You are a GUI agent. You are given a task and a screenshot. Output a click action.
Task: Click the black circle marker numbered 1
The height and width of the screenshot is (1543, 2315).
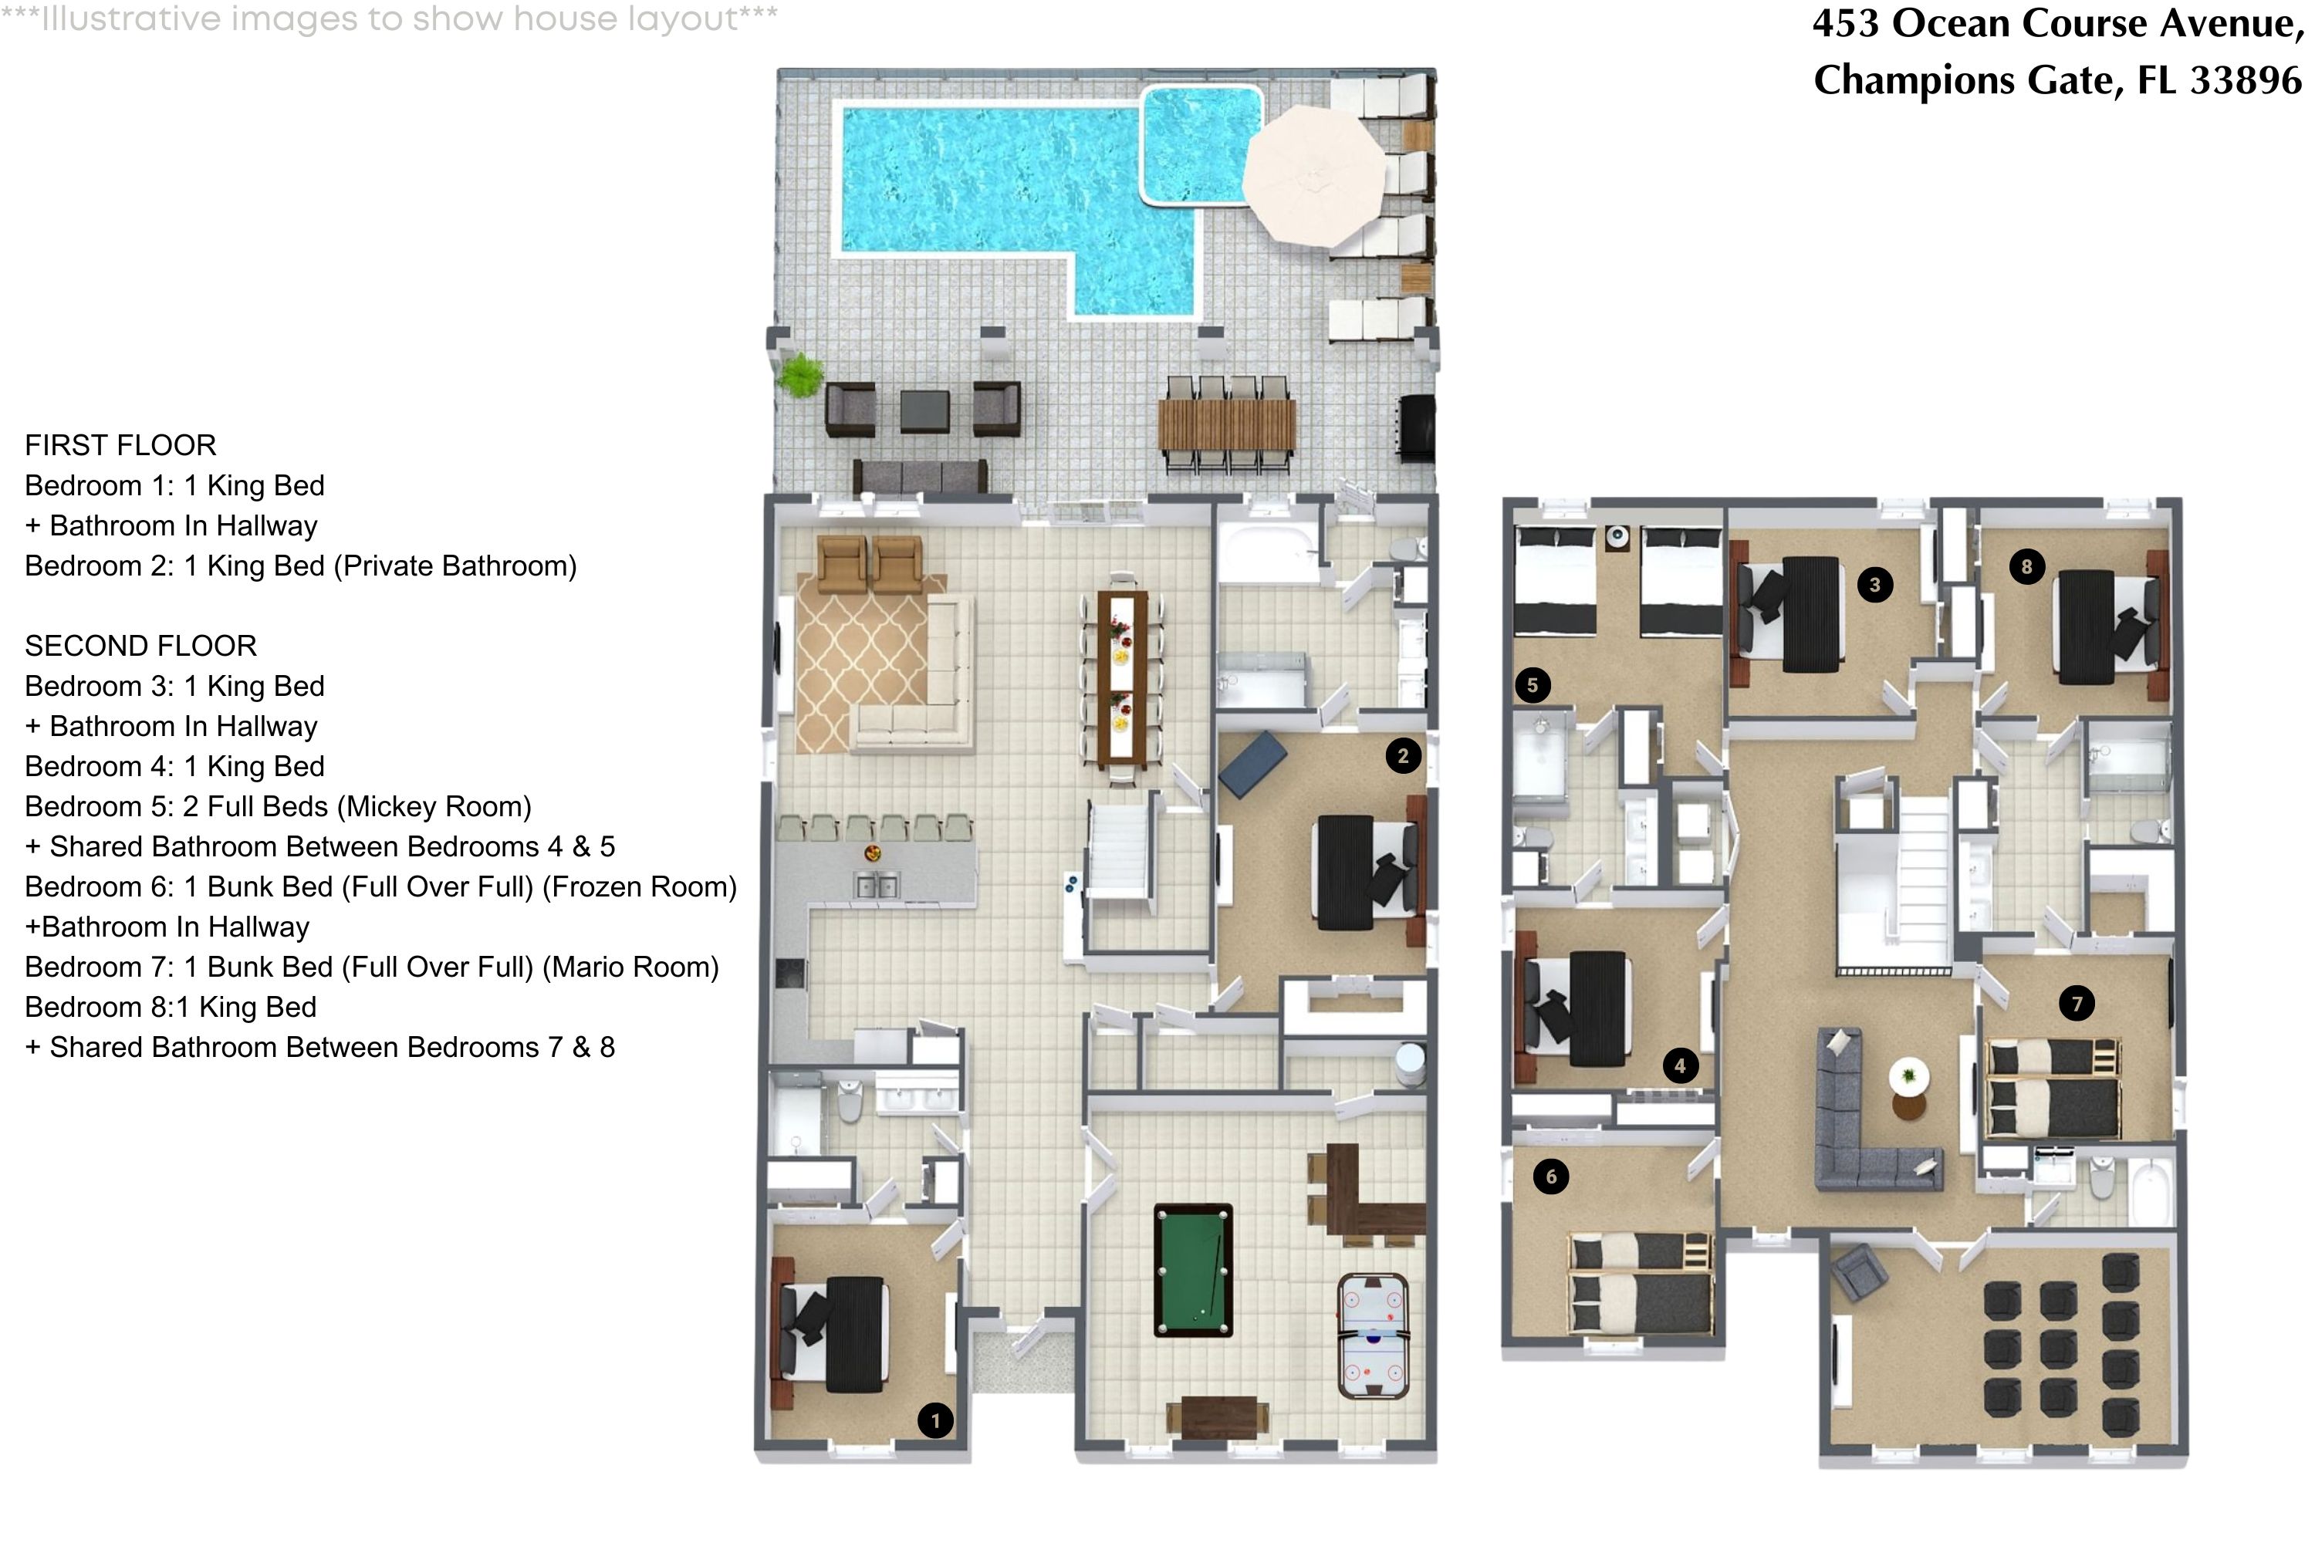(935, 1420)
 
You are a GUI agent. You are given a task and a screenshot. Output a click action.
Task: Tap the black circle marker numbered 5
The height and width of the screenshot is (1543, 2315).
(1532, 685)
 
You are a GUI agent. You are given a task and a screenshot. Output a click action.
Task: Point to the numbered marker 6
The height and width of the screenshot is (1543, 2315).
(1550, 1176)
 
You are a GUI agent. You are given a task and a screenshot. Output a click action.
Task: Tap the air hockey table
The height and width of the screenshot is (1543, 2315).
(1373, 1335)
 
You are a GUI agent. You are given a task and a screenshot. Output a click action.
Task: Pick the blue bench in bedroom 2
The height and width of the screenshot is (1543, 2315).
(1252, 763)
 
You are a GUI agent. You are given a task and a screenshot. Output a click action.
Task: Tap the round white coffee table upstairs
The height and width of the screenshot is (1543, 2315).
(1908, 1075)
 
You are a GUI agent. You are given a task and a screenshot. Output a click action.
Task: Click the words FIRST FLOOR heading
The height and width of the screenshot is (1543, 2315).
(120, 446)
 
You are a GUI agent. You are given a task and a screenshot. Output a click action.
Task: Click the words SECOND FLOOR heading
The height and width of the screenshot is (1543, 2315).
(140, 647)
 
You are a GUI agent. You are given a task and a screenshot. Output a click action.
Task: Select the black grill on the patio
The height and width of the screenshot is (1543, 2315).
(1415, 425)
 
